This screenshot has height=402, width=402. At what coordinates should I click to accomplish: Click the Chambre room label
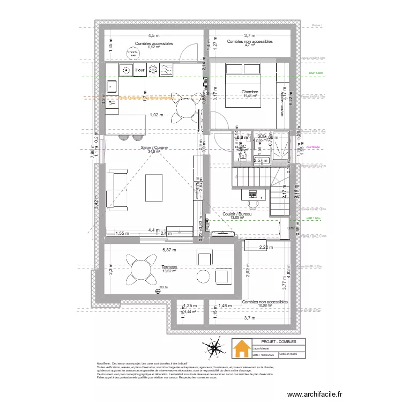[250, 92]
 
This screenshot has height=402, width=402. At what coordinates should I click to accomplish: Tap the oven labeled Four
[140, 70]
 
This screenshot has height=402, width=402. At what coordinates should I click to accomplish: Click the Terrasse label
[169, 266]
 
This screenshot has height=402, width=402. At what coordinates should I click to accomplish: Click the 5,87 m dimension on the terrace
[169, 250]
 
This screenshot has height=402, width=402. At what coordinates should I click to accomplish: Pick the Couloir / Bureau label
[236, 214]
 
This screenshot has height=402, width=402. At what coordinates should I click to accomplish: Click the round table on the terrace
[139, 268]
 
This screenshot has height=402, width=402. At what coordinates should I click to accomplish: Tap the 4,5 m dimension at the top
[154, 35]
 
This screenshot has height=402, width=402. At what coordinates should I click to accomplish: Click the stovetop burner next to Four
[126, 70]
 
